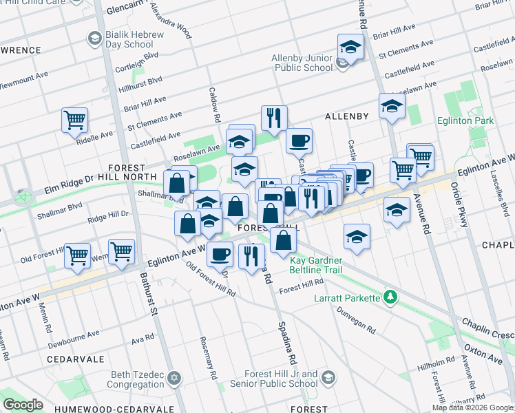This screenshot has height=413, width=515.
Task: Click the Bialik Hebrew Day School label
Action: pos(134,39)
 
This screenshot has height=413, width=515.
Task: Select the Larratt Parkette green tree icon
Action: pos(391,297)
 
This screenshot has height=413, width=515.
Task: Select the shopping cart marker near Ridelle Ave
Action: pos(74,120)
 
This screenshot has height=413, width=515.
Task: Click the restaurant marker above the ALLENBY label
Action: pos(274,118)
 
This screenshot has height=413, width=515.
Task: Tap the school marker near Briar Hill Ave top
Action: pos(350,48)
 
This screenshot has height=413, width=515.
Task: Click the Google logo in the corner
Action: pos(23,405)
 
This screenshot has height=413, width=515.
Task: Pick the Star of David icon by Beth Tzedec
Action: pos(175,379)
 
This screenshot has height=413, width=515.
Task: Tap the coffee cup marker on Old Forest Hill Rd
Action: pos(220,255)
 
